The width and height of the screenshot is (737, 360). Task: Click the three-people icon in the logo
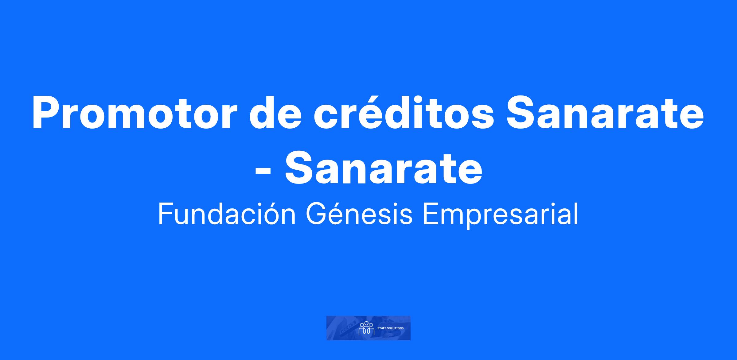(x=366, y=328)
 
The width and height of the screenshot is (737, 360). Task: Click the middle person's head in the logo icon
(x=366, y=323)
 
